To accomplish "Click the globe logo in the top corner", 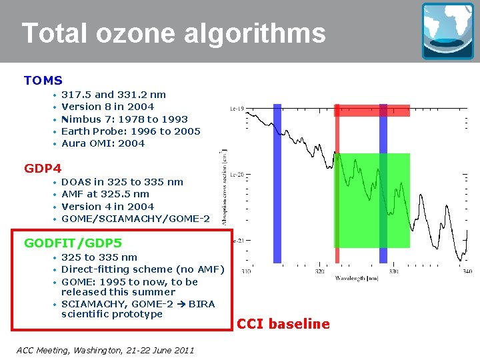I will click(447, 31).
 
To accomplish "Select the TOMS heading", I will click(43, 81).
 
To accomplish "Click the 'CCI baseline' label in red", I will click(283, 324).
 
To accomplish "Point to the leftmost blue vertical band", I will click(277, 183).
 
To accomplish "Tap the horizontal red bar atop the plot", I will click(371, 110).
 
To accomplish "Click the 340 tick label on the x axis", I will click(466, 271).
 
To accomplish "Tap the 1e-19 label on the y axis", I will click(237, 107).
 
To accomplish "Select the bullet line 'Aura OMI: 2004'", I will click(103, 143).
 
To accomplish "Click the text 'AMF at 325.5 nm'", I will click(105, 194).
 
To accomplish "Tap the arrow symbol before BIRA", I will click(182, 304).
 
